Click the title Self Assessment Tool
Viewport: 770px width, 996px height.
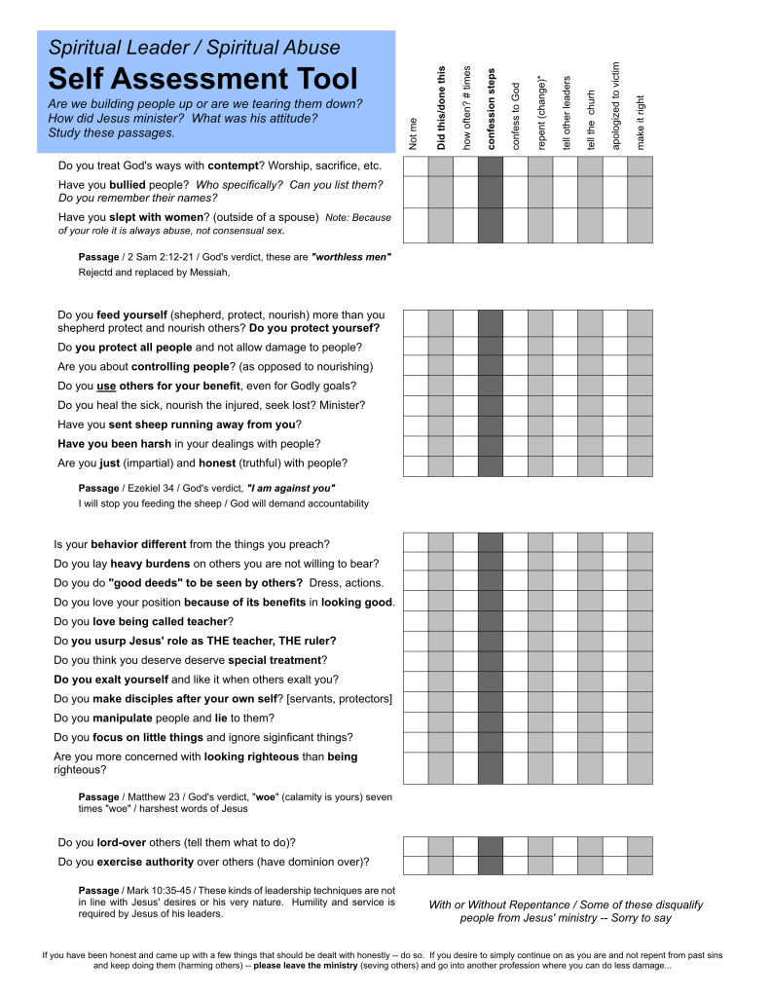[x=202, y=79]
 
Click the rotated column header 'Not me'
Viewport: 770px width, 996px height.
[x=415, y=134]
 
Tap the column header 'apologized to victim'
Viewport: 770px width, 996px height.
[x=615, y=105]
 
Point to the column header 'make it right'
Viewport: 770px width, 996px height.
[x=640, y=122]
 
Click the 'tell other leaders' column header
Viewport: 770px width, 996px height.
[x=566, y=113]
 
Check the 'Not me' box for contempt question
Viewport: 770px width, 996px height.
[x=416, y=166]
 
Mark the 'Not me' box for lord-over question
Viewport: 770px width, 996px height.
[x=416, y=845]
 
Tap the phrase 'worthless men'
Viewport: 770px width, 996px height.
[x=351, y=257]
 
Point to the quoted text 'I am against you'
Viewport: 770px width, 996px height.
[x=291, y=488]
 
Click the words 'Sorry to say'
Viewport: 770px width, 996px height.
[x=641, y=918]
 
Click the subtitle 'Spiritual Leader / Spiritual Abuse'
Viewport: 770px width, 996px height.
[x=195, y=47]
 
